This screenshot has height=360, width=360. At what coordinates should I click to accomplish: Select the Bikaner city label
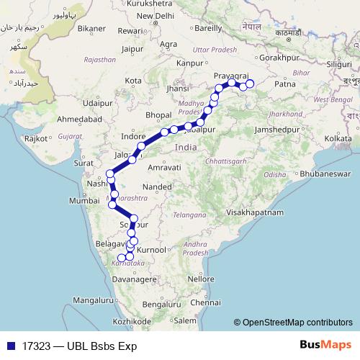pyautogui.click(x=91, y=28)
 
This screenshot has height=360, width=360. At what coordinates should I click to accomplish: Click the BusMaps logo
pyautogui.click(x=321, y=345)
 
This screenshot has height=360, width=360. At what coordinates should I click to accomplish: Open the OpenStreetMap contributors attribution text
pyautogui.click(x=297, y=323)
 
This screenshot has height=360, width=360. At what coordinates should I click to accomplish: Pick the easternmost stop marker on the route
pyautogui.click(x=251, y=84)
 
